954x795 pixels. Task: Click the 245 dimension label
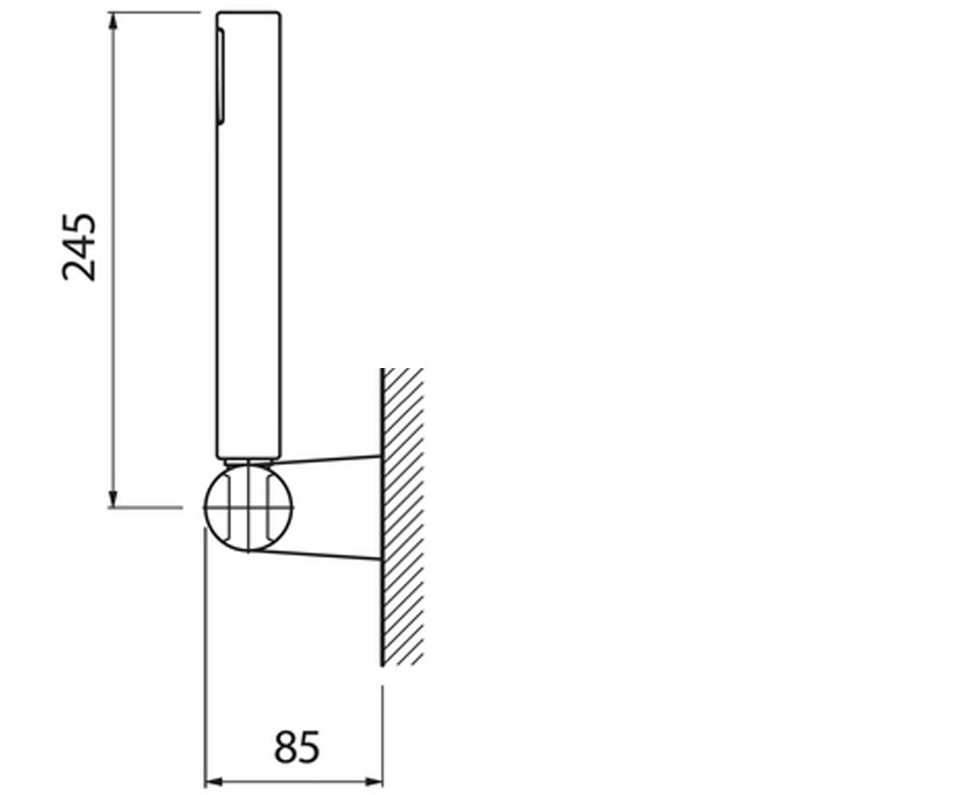click(x=79, y=246)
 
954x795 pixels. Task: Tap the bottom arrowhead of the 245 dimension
click(x=114, y=498)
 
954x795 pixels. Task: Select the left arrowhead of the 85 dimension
click(x=213, y=782)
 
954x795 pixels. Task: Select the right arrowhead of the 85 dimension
click(x=374, y=782)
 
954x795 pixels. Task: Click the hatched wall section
click(x=402, y=517)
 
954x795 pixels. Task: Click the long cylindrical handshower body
click(x=249, y=235)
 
